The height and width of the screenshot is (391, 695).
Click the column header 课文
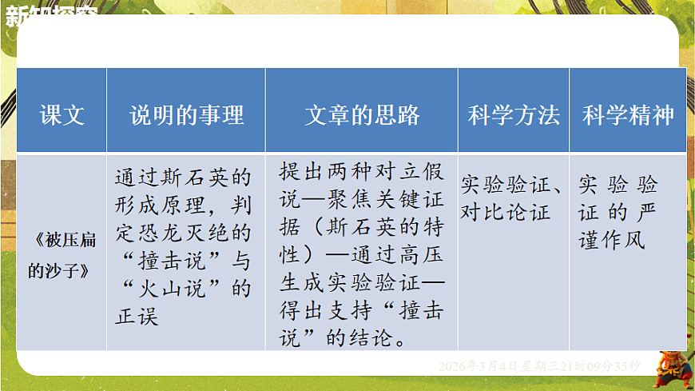coord(62,115)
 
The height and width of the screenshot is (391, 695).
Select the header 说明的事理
coord(186,115)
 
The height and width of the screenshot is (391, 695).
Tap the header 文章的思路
coord(362,115)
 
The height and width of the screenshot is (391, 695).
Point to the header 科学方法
coord(514,115)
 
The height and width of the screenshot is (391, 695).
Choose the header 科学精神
coord(628,115)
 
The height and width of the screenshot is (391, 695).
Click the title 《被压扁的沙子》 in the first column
coord(62,254)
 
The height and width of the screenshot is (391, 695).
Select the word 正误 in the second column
coord(137,316)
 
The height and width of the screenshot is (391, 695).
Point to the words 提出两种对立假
coord(361,172)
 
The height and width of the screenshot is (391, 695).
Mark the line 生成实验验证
coord(351,283)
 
